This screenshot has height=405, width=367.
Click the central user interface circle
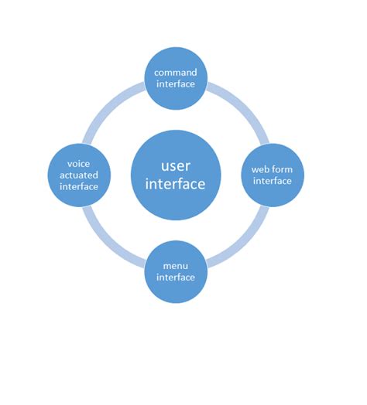click(x=177, y=175)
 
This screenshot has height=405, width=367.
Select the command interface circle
click(x=177, y=78)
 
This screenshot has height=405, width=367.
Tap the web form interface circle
click(x=272, y=175)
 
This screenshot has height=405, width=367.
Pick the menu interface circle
click(x=177, y=271)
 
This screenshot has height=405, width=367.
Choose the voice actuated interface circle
click(x=79, y=175)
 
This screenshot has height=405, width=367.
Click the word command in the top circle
click(x=177, y=73)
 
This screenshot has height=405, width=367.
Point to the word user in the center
click(x=177, y=165)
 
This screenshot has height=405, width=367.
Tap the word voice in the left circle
click(x=79, y=164)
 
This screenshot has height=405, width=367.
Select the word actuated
click(x=79, y=175)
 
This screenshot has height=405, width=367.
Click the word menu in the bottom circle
click(x=177, y=266)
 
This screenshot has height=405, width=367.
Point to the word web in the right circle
click(x=259, y=170)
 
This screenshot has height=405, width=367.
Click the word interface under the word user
click(x=177, y=185)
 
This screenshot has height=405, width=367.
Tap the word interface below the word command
click(x=177, y=83)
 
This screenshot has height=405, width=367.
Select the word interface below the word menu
click(x=177, y=277)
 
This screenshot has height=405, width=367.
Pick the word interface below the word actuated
click(x=79, y=186)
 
